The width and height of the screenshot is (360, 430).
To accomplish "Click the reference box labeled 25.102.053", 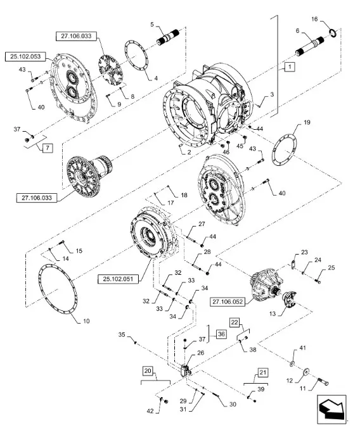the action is coord(25,57).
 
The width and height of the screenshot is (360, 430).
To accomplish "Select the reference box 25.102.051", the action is coord(118,279).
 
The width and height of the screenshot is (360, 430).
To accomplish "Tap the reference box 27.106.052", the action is coord(228,301).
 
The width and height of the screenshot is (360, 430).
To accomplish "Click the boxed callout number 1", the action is coord(290,66).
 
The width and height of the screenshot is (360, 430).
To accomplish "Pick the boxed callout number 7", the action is coord(48,148).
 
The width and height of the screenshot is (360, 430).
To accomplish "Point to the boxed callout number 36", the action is coord(221,334).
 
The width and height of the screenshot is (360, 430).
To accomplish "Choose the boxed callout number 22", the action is coord(235,322).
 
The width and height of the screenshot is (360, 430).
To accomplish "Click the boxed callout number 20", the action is coord(148,371).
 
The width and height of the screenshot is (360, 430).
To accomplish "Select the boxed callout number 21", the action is coord(263,372).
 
